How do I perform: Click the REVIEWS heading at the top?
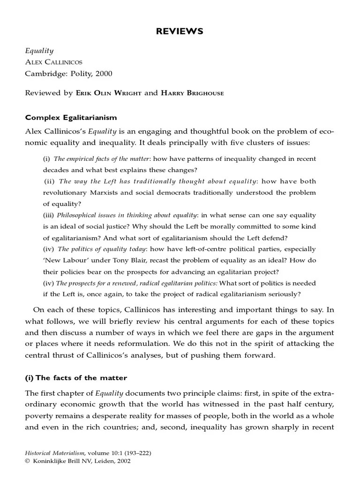coord(180,31)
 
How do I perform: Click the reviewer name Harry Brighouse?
coord(192,93)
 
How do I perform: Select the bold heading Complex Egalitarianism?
coord(71,117)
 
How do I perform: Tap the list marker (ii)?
coord(50,181)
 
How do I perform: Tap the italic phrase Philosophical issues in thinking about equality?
coord(127,215)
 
